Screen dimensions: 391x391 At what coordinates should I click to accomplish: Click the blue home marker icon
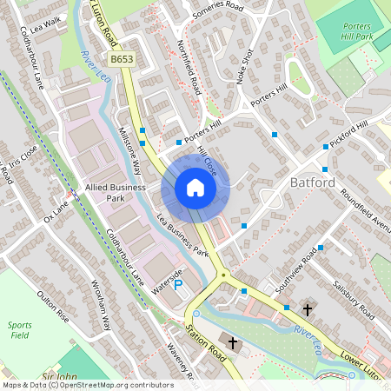[195, 188]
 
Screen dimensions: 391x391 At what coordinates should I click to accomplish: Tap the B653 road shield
[122, 58]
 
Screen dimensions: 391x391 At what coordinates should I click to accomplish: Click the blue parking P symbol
[178, 284]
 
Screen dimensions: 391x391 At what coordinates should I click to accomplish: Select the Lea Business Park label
[183, 235]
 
